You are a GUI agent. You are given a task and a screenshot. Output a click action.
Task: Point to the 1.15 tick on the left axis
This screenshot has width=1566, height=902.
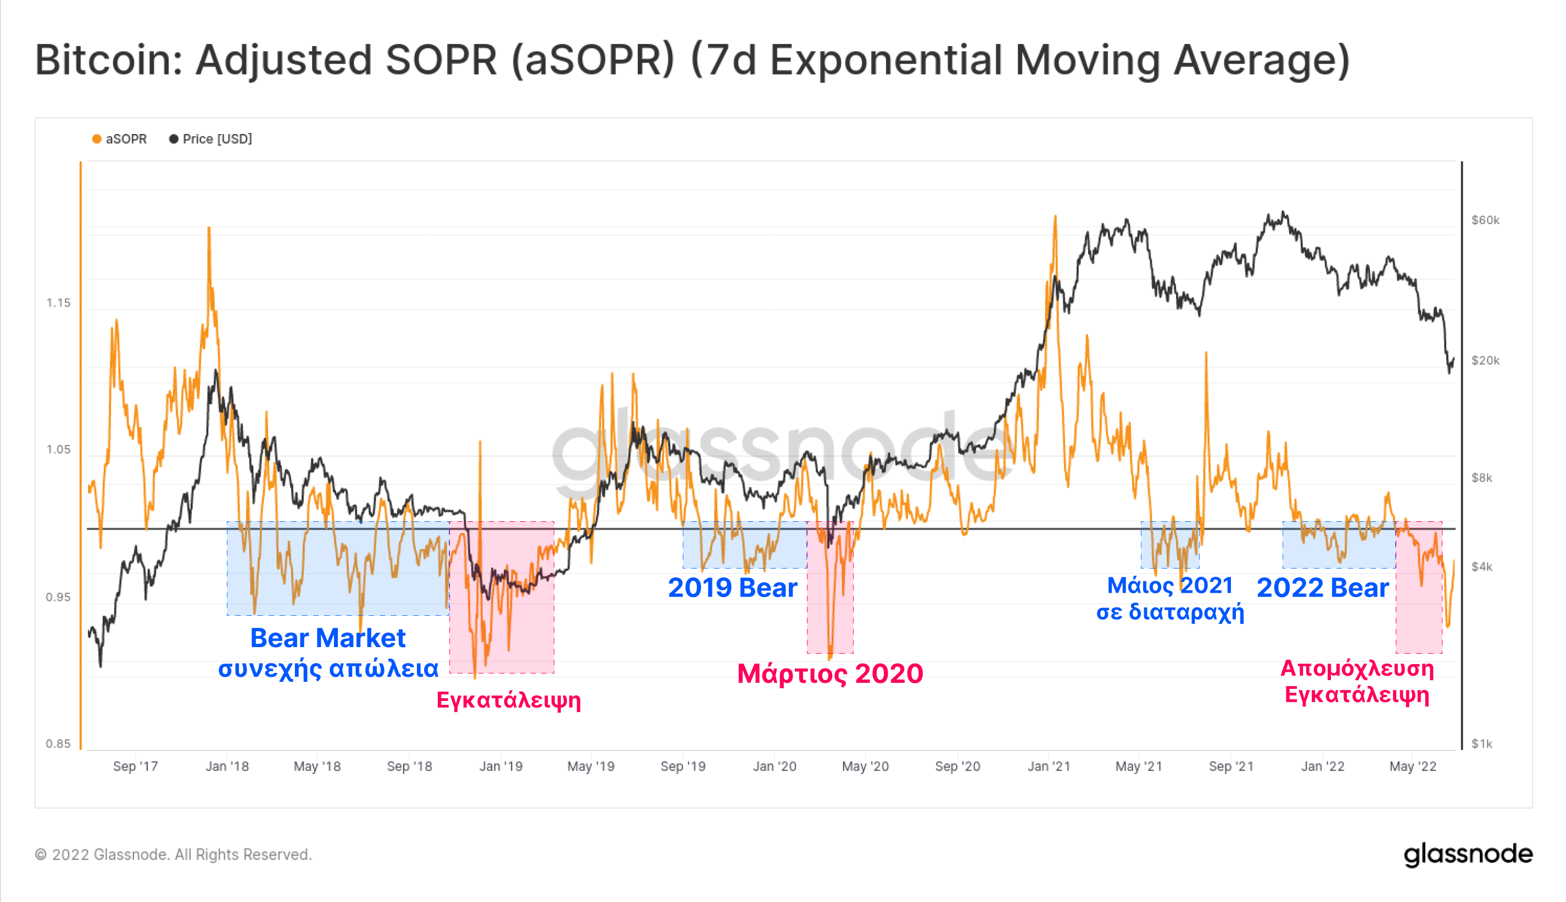pyautogui.click(x=59, y=303)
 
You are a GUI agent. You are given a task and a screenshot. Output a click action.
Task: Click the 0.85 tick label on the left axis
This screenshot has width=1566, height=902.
pyautogui.click(x=59, y=743)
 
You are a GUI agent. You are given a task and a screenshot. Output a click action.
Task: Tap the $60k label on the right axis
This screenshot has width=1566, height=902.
pyautogui.click(x=1485, y=220)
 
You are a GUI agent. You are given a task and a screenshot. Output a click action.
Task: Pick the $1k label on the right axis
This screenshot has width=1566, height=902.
pyautogui.click(x=1482, y=743)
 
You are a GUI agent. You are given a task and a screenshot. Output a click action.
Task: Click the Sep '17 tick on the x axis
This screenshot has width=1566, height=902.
pyautogui.click(x=135, y=766)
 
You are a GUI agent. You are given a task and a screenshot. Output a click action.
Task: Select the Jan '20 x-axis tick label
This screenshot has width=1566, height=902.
pyautogui.click(x=774, y=766)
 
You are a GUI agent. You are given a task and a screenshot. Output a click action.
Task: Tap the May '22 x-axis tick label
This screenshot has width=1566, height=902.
pyautogui.click(x=1412, y=766)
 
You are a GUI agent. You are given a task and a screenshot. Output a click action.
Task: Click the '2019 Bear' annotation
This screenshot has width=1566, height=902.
pyautogui.click(x=732, y=587)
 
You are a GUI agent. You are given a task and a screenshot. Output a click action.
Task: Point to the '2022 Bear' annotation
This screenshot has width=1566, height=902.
pyautogui.click(x=1323, y=587)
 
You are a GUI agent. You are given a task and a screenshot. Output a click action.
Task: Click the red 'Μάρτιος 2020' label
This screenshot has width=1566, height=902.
pyautogui.click(x=830, y=673)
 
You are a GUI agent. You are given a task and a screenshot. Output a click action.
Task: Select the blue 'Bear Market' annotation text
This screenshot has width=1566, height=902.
pyautogui.click(x=328, y=638)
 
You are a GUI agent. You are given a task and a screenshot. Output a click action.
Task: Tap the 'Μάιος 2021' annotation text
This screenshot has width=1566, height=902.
pyautogui.click(x=1169, y=586)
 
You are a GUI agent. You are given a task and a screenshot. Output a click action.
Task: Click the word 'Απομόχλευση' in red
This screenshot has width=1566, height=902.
pyautogui.click(x=1357, y=669)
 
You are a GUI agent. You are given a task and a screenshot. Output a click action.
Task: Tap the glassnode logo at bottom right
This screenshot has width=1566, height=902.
pyautogui.click(x=1468, y=854)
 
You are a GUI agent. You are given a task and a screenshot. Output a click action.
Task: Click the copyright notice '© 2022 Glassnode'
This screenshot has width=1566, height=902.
pyautogui.click(x=174, y=855)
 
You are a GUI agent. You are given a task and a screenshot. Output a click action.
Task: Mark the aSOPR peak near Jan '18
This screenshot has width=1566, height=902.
pyautogui.click(x=209, y=229)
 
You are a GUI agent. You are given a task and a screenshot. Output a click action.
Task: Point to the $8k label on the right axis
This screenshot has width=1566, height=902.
pyautogui.click(x=1482, y=477)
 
